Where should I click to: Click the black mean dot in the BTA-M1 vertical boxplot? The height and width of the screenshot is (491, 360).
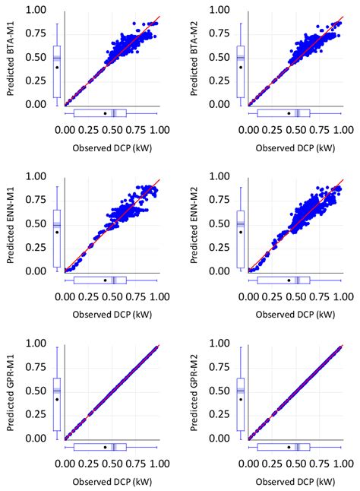[57, 67]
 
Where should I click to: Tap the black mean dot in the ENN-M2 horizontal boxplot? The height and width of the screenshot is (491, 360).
[289, 280]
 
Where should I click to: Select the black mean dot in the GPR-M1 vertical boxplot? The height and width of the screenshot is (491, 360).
[57, 399]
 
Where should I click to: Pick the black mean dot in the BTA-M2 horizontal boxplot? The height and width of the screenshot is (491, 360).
[289, 113]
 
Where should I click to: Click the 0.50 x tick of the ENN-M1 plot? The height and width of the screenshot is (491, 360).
[112, 298]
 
